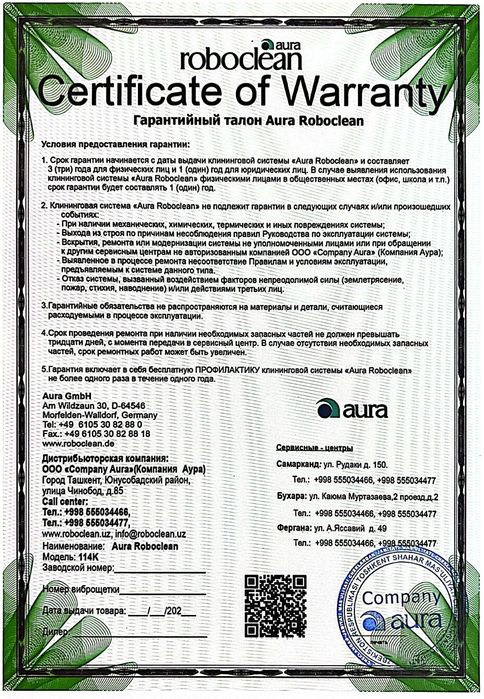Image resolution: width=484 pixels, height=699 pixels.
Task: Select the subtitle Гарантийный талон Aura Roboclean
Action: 240,122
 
